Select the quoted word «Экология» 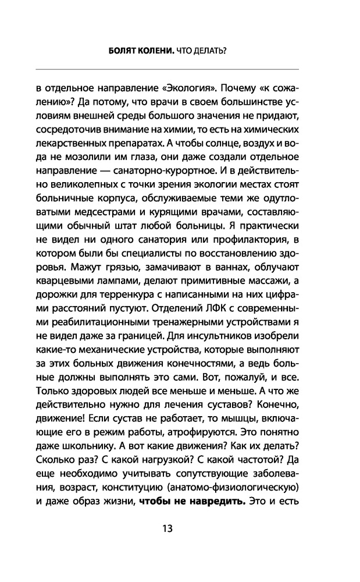point(198,89)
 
